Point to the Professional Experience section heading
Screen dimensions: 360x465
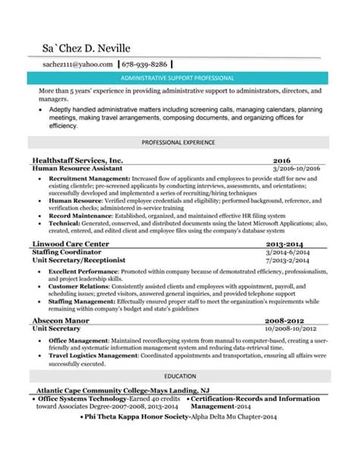click(x=179, y=142)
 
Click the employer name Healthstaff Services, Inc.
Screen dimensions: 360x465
click(x=78, y=161)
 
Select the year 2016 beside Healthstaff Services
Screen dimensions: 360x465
click(x=282, y=161)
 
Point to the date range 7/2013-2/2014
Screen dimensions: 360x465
click(x=289, y=258)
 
